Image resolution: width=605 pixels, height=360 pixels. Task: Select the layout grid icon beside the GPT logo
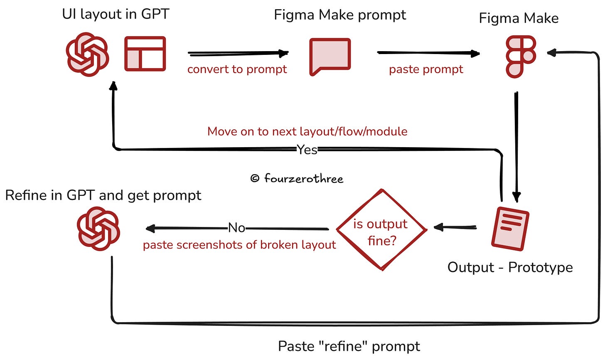click(145, 54)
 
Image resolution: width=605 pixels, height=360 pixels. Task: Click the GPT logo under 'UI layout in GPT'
click(87, 54)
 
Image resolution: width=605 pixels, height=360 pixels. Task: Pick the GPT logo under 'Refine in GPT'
click(98, 229)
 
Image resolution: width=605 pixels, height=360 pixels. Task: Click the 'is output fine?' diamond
click(381, 229)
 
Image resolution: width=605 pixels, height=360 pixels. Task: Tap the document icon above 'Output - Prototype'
click(510, 229)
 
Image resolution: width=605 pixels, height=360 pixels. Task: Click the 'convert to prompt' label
click(237, 69)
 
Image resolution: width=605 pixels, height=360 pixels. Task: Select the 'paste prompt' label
click(426, 69)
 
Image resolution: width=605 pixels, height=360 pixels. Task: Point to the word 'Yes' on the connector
click(307, 150)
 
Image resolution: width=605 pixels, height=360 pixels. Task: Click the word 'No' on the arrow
click(236, 228)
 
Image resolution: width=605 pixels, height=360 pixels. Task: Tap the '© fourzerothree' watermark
click(297, 179)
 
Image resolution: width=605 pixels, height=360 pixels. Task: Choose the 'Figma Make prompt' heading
click(340, 15)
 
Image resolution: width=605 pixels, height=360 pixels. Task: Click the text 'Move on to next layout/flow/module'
click(307, 131)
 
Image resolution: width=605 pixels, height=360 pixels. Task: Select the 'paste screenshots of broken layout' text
click(239, 245)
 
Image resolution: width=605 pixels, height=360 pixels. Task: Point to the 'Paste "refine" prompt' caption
click(349, 346)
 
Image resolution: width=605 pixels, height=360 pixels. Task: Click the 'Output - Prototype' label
click(510, 267)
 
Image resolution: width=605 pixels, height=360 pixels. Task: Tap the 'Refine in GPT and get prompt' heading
click(103, 195)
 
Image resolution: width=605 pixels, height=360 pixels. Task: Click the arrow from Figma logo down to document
click(516, 145)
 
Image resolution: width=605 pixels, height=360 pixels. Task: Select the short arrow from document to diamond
click(455, 227)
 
